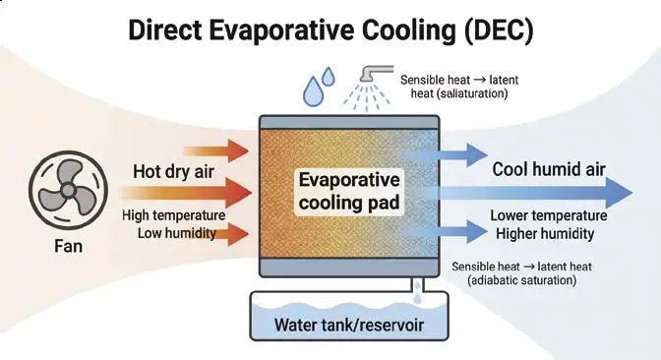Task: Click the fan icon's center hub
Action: [x=68, y=191]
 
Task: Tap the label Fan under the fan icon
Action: [x=68, y=246]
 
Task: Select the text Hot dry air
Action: [x=174, y=171]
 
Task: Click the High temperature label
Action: [x=174, y=215]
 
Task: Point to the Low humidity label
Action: [x=177, y=233]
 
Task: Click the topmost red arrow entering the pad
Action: [x=216, y=150]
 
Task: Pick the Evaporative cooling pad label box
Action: [x=349, y=192]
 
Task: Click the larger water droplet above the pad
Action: [x=313, y=90]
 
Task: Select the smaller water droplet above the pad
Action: [x=329, y=77]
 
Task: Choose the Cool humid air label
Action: [x=549, y=169]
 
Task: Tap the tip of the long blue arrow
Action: [x=632, y=193]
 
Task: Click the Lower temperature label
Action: [x=549, y=215]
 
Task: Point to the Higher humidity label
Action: [x=545, y=233]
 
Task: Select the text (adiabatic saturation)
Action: [x=522, y=280]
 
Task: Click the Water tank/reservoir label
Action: [x=349, y=325]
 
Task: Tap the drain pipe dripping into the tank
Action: [x=417, y=285]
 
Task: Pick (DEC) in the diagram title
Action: [x=499, y=30]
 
